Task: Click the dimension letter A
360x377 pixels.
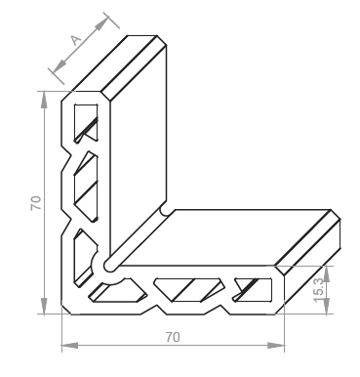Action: [x=76, y=40]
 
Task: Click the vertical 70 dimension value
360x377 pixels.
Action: [x=36, y=203]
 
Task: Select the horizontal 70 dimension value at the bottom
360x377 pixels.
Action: [x=173, y=337]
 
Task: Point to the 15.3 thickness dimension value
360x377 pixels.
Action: [x=319, y=290]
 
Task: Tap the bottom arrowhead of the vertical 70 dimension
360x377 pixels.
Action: [x=44, y=306]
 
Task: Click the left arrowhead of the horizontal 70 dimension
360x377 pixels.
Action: [x=70, y=346]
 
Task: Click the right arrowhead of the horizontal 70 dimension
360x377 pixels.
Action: [x=276, y=346]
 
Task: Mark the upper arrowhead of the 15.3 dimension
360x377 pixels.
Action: [x=327, y=273]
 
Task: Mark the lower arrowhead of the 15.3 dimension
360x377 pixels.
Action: [x=327, y=307]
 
